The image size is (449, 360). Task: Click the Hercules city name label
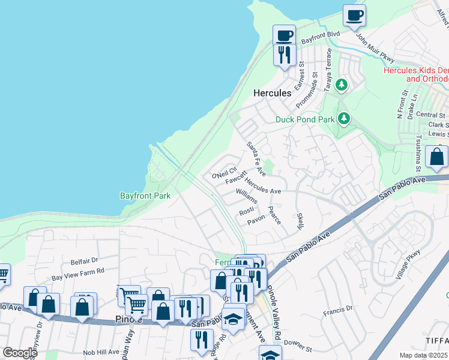(x=272, y=93)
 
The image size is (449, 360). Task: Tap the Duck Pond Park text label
(x=304, y=119)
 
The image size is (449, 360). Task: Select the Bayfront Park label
(x=145, y=196)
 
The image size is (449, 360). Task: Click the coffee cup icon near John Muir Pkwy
(x=354, y=16)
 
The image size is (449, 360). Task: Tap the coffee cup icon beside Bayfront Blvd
(x=284, y=35)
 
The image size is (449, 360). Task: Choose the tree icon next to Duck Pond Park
(x=343, y=118)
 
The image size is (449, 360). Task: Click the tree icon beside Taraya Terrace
(x=342, y=85)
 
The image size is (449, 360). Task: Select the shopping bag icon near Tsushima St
(x=437, y=157)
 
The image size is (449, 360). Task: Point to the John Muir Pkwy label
(x=375, y=48)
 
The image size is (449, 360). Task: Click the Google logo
(x=20, y=353)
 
